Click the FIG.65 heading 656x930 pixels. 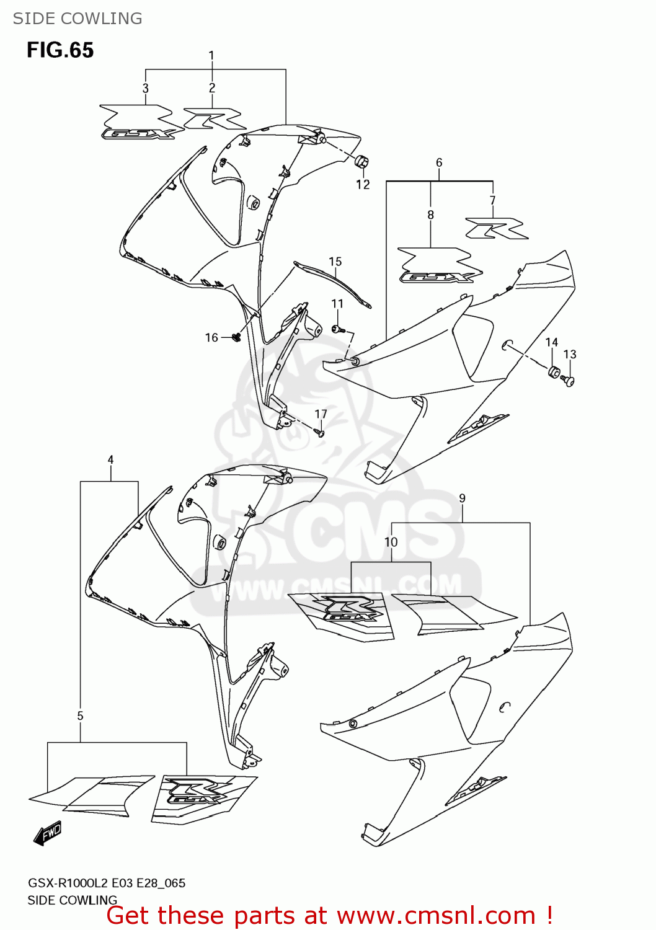tap(60, 50)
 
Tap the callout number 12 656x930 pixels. tap(363, 184)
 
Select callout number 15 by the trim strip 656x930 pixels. tap(335, 262)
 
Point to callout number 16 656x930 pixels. tap(211, 338)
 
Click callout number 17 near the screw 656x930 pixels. tap(321, 414)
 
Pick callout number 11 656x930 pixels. tap(337, 304)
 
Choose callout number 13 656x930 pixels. tap(570, 355)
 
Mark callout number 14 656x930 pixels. tap(551, 342)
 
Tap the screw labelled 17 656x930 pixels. tap(319, 432)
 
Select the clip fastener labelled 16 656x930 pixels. tap(236, 337)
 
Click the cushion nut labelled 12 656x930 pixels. tap(361, 162)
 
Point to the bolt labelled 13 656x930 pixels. tap(568, 381)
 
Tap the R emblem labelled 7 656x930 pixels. tap(497, 228)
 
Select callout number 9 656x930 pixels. tap(462, 498)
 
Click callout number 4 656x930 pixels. tap(110, 460)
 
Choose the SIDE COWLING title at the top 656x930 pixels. tap(78, 19)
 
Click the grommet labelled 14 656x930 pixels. tap(554, 373)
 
